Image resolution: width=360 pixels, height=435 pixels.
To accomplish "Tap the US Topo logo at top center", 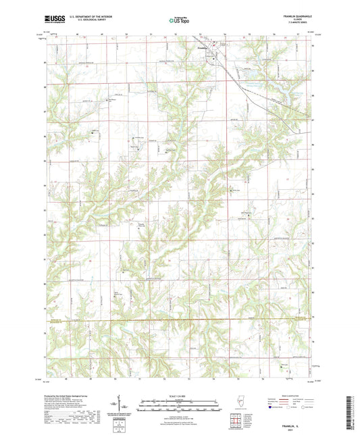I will click(x=180, y=21).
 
